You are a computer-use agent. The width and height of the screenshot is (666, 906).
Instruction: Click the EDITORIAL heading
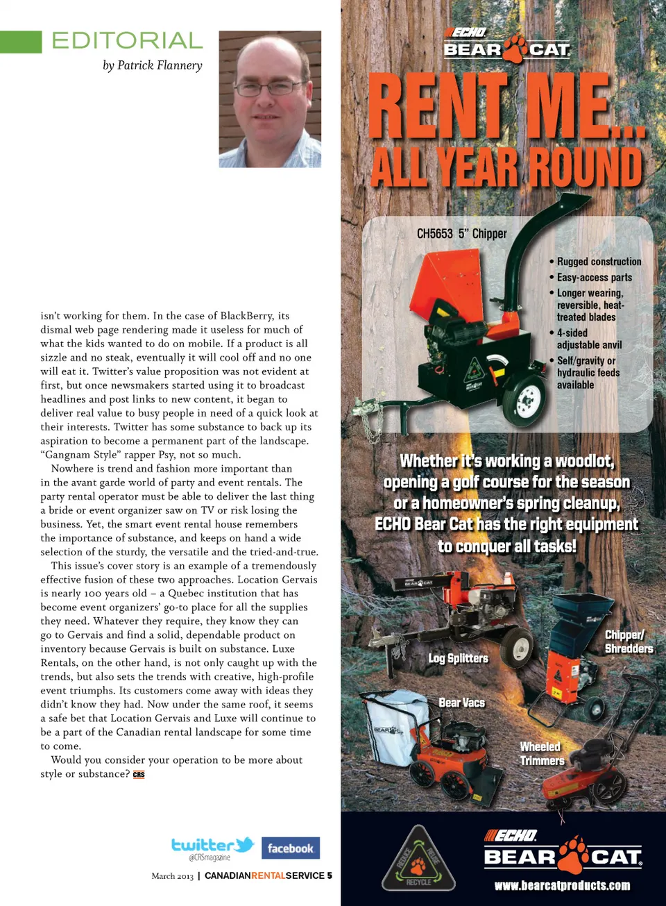(x=127, y=40)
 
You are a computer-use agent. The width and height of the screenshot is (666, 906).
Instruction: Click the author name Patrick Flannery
(x=153, y=65)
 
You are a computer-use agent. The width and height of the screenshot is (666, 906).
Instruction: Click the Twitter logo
(x=212, y=845)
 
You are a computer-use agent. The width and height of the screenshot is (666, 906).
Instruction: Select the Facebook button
(x=291, y=848)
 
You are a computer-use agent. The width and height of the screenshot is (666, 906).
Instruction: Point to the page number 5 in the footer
(x=330, y=875)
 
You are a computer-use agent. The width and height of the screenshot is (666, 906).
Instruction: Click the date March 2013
(x=172, y=876)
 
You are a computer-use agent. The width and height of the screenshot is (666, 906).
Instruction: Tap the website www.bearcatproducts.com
(x=562, y=885)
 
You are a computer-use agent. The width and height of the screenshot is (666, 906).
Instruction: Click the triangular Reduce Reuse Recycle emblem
(x=418, y=859)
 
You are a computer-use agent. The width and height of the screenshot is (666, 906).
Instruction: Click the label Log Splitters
(x=458, y=658)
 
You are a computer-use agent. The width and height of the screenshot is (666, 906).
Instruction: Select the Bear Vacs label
(x=461, y=703)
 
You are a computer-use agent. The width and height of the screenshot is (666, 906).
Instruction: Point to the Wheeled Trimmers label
(x=542, y=753)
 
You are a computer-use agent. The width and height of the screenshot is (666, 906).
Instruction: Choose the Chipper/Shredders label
(x=628, y=641)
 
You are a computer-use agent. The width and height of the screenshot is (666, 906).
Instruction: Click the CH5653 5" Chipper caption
(x=461, y=234)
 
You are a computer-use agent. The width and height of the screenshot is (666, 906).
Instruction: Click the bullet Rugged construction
(x=599, y=262)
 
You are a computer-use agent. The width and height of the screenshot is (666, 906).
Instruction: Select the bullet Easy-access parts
(x=594, y=277)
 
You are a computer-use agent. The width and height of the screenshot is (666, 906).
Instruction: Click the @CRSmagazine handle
(x=209, y=858)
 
